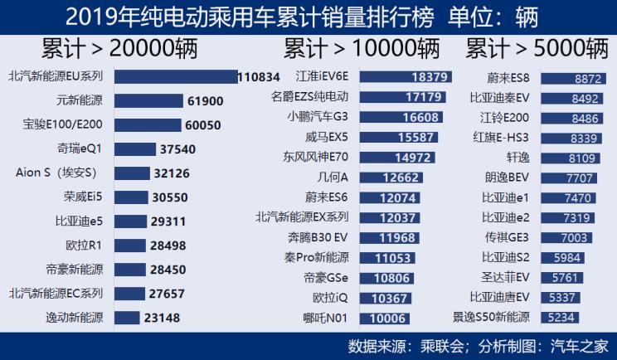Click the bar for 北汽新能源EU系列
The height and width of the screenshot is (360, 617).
(x=175, y=76)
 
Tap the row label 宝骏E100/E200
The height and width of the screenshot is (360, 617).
(x=63, y=125)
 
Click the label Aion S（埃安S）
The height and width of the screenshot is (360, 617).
(x=56, y=173)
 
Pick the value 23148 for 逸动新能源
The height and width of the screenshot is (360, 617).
(x=161, y=317)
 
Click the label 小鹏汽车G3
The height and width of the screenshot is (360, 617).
(x=318, y=116)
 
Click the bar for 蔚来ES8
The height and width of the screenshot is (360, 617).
(x=573, y=79)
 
